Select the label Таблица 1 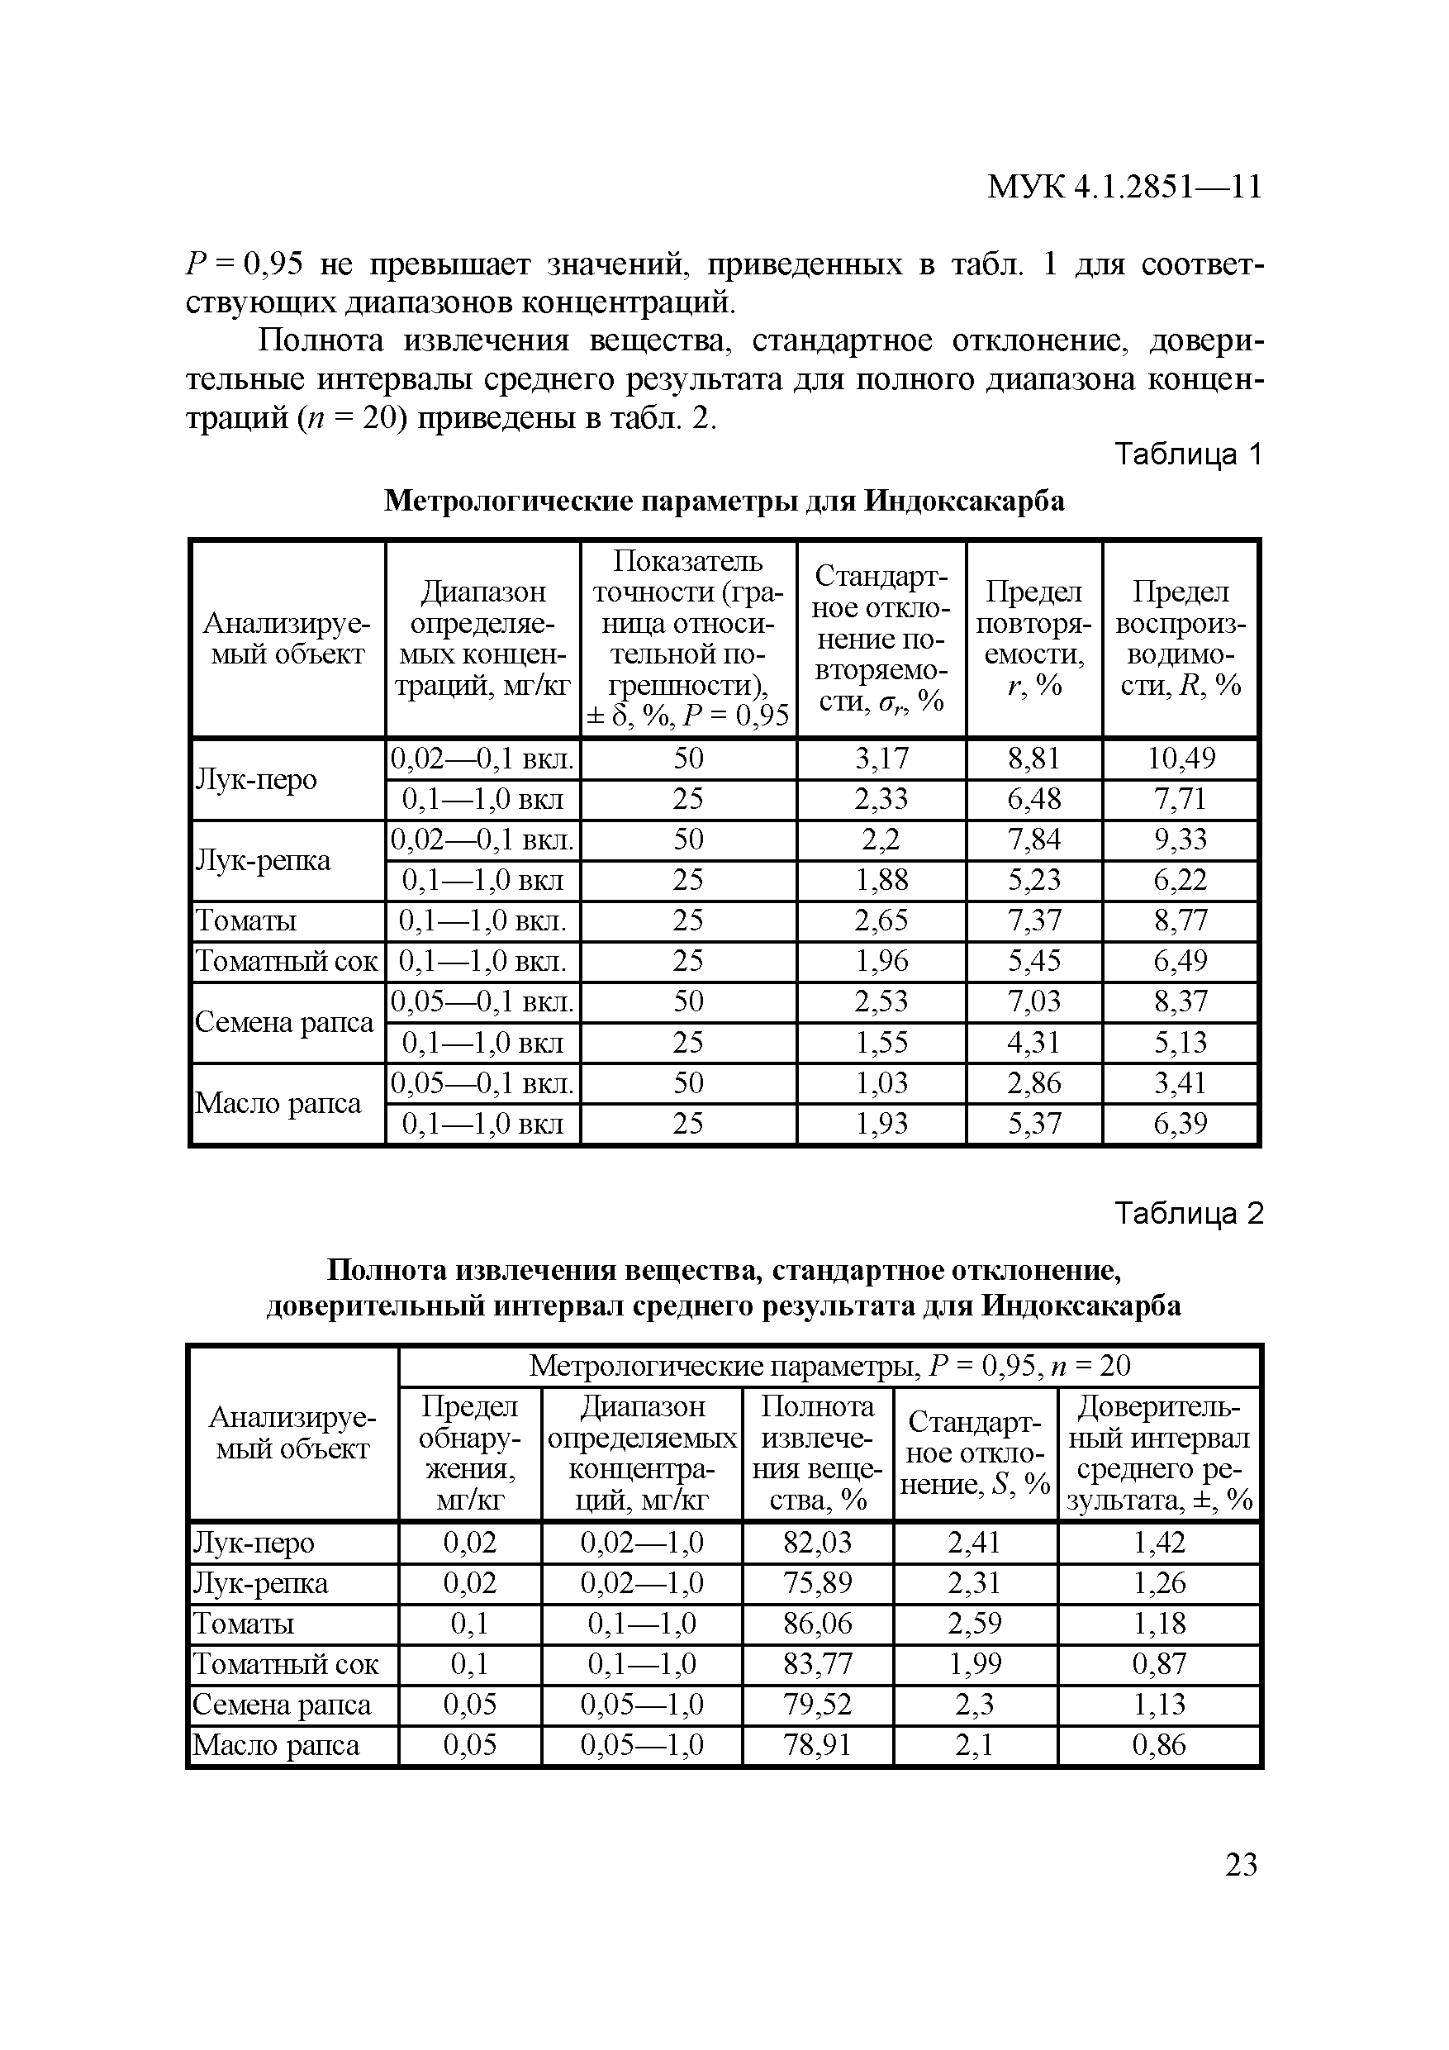[x=1188, y=454]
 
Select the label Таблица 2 [x=1188, y=1214]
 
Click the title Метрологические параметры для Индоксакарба [x=723, y=501]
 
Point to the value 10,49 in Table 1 [x=1181, y=758]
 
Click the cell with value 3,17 [x=881, y=758]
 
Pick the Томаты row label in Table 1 [x=246, y=920]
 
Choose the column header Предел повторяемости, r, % [x=1033, y=639]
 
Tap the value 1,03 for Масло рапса [x=881, y=1082]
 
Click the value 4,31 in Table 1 [x=1033, y=1042]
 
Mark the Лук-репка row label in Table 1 [x=263, y=860]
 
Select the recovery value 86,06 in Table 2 [x=817, y=1622]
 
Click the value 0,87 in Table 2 [x=1158, y=1663]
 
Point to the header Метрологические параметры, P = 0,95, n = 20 [x=829, y=1365]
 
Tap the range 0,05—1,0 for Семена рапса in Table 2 [x=641, y=1704]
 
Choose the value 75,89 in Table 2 [x=817, y=1582]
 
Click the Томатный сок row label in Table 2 [x=286, y=1663]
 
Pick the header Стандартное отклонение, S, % [x=975, y=1453]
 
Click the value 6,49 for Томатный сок [x=1181, y=961]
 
